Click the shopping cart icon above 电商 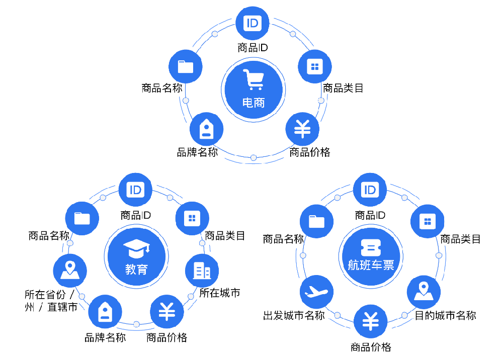(x=253, y=80)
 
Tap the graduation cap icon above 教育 (x=136, y=248)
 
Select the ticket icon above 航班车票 (x=371, y=247)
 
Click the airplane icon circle (x=316, y=292)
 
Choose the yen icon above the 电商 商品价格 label (x=302, y=129)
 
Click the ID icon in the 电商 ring (x=253, y=23)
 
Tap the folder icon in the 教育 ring (x=82, y=218)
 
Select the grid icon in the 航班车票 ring (x=427, y=222)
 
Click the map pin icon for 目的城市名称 (x=423, y=292)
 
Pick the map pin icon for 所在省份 (x=69, y=271)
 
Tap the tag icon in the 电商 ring (x=206, y=129)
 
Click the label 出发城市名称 (x=294, y=316)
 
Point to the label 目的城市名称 (x=445, y=316)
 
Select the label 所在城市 (x=220, y=293)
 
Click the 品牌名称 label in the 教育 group (x=105, y=337)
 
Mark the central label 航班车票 (x=371, y=265)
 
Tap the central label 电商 (x=253, y=103)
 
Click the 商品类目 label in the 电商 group (x=343, y=88)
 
